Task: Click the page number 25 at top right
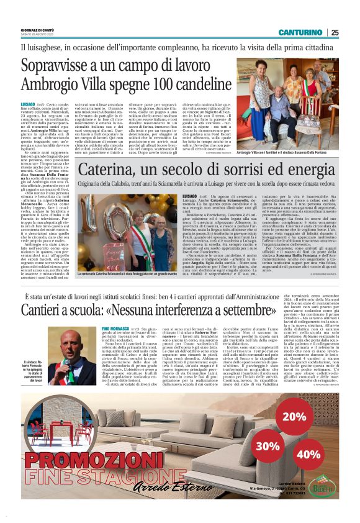click(335, 32)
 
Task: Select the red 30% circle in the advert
click(267, 429)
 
